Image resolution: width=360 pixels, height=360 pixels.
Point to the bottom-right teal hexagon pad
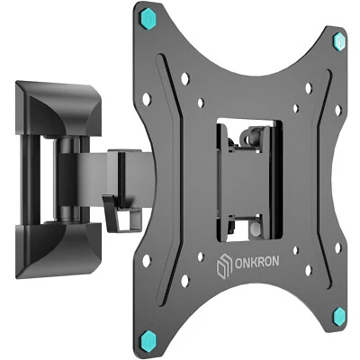(x=340, y=316)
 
